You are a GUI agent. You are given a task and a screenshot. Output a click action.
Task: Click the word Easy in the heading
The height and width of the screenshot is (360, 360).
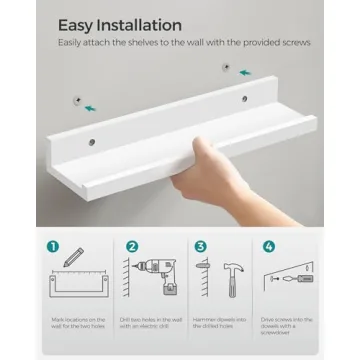point(77,24)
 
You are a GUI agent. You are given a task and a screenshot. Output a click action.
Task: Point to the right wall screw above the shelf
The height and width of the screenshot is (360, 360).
point(225,68)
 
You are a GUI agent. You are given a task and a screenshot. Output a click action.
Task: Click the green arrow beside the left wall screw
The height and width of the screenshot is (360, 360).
point(92,107)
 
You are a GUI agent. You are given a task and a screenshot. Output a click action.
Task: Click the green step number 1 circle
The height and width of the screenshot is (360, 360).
point(53,246)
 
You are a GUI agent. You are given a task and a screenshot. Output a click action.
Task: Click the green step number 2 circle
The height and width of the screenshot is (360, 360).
point(132,246)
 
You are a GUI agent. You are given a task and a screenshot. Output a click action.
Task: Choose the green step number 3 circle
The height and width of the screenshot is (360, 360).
point(200,246)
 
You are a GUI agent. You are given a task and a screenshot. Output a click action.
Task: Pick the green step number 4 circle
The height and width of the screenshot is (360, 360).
point(268,246)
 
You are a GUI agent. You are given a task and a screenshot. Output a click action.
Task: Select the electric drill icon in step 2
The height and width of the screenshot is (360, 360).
point(152,275)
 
